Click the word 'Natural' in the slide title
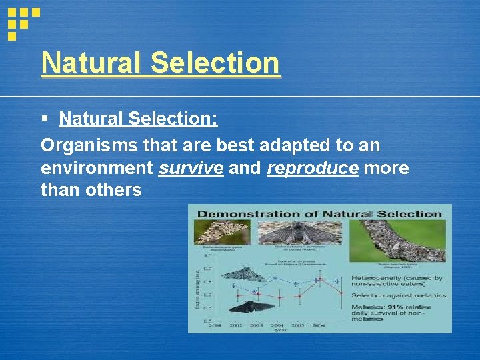[x=92, y=63]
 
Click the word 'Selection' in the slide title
[x=215, y=63]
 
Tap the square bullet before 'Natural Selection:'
[x=45, y=119]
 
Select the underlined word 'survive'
[x=191, y=167]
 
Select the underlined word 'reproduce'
[x=312, y=167]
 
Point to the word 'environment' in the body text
[x=97, y=167]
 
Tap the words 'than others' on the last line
[x=91, y=190]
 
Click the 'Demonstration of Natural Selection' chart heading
[x=319, y=214]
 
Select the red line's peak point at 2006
[x=321, y=278]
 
